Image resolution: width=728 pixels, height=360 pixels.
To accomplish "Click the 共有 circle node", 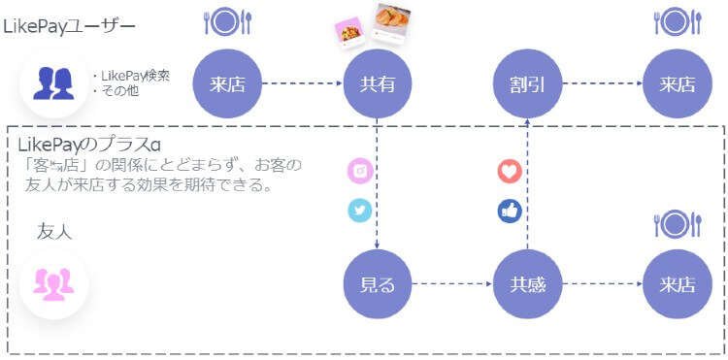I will coord(377,83).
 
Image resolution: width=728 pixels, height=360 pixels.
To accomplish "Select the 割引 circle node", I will coord(527,83).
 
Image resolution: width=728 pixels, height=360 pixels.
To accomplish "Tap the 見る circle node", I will coord(377,285).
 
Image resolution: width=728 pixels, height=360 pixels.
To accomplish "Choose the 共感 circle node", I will coord(527,285).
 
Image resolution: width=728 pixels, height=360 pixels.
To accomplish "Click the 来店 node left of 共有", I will coord(226,83).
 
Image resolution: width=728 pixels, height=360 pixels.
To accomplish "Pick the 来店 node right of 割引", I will coord(677,83).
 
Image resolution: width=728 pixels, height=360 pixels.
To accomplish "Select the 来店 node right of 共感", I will coord(677,285).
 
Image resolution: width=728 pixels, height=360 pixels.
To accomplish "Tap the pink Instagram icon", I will coord(360,171).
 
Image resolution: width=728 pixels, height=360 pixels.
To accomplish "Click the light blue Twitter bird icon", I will coord(360,211).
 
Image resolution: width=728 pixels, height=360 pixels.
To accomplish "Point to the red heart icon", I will coord(510,171).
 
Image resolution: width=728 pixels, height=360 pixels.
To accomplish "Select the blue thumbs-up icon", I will coord(510,211).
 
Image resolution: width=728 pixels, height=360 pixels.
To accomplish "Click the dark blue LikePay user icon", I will coord(54,83).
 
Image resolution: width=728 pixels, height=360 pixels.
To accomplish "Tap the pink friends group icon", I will coord(54,283).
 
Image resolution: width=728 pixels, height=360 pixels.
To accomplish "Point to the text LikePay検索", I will coord(135,77).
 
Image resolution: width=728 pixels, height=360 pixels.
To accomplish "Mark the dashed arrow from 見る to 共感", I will coord(451,285).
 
